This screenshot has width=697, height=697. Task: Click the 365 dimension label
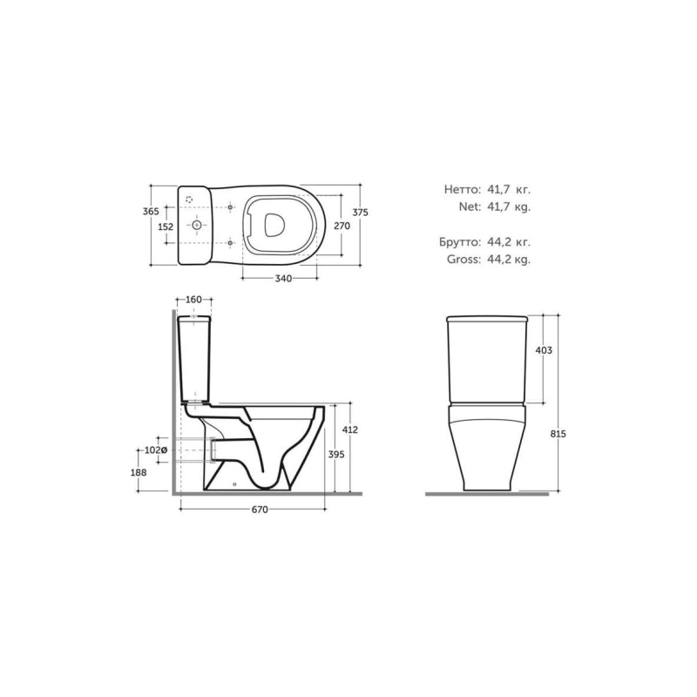coord(151,212)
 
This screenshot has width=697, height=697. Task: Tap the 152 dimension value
coord(166,227)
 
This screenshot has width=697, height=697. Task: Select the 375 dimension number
coord(360,213)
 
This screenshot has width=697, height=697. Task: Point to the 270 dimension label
coord(342,226)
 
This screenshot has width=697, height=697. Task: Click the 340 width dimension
coord(283,279)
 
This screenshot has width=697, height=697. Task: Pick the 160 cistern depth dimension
coord(193,300)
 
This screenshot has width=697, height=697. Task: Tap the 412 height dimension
coord(350,430)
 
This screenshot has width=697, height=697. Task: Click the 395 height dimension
coord(336,454)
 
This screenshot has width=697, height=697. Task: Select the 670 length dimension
coord(260,510)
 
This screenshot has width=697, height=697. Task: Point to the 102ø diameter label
coord(156,450)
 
